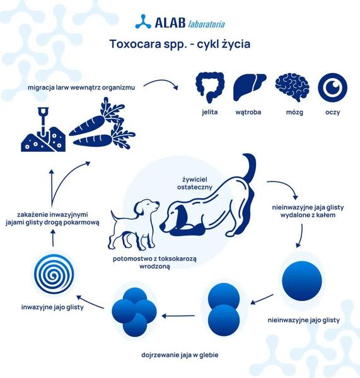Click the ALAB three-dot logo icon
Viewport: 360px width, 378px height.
(143, 22)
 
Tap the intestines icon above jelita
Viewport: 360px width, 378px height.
(210, 88)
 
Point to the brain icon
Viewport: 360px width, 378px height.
(292, 87)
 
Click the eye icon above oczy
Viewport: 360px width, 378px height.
(332, 88)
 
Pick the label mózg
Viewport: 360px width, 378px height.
(294, 112)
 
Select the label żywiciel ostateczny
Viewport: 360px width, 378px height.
(194, 183)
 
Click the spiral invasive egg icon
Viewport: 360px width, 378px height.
(54, 274)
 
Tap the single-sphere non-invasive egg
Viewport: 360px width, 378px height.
(302, 281)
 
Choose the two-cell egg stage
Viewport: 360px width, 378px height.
(224, 309)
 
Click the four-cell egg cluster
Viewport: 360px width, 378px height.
(134, 312)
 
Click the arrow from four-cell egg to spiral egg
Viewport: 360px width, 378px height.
(90, 301)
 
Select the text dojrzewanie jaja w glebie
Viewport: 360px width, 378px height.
(180, 355)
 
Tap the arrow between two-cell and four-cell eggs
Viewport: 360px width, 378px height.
(178, 316)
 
